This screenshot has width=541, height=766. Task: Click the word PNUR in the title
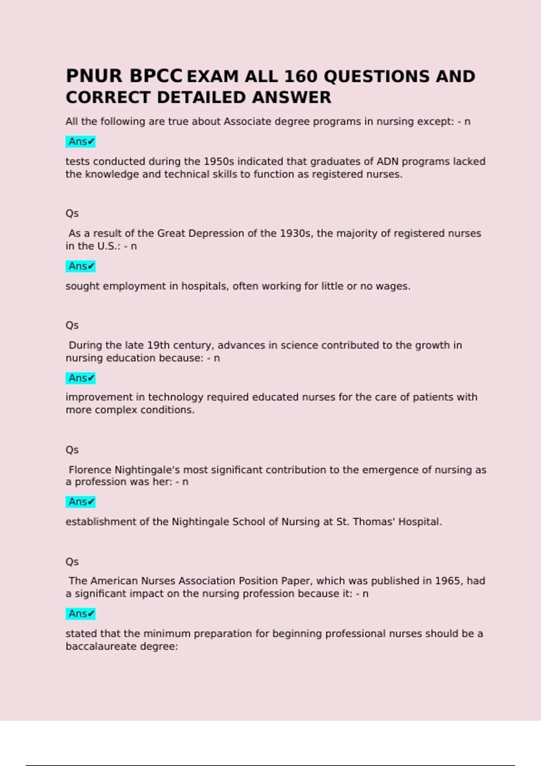pyautogui.click(x=94, y=76)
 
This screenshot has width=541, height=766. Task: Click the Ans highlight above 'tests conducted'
pyautogui.click(x=81, y=141)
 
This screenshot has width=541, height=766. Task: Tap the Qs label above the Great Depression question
pyautogui.click(x=72, y=213)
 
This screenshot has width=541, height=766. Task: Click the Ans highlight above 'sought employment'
pyautogui.click(x=81, y=266)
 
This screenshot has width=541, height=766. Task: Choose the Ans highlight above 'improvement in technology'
pyautogui.click(x=81, y=378)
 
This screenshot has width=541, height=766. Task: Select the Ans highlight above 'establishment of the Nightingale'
pyautogui.click(x=81, y=502)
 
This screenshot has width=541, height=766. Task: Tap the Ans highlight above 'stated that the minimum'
pyautogui.click(x=81, y=614)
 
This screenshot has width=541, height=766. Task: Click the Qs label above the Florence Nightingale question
pyautogui.click(x=72, y=450)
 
